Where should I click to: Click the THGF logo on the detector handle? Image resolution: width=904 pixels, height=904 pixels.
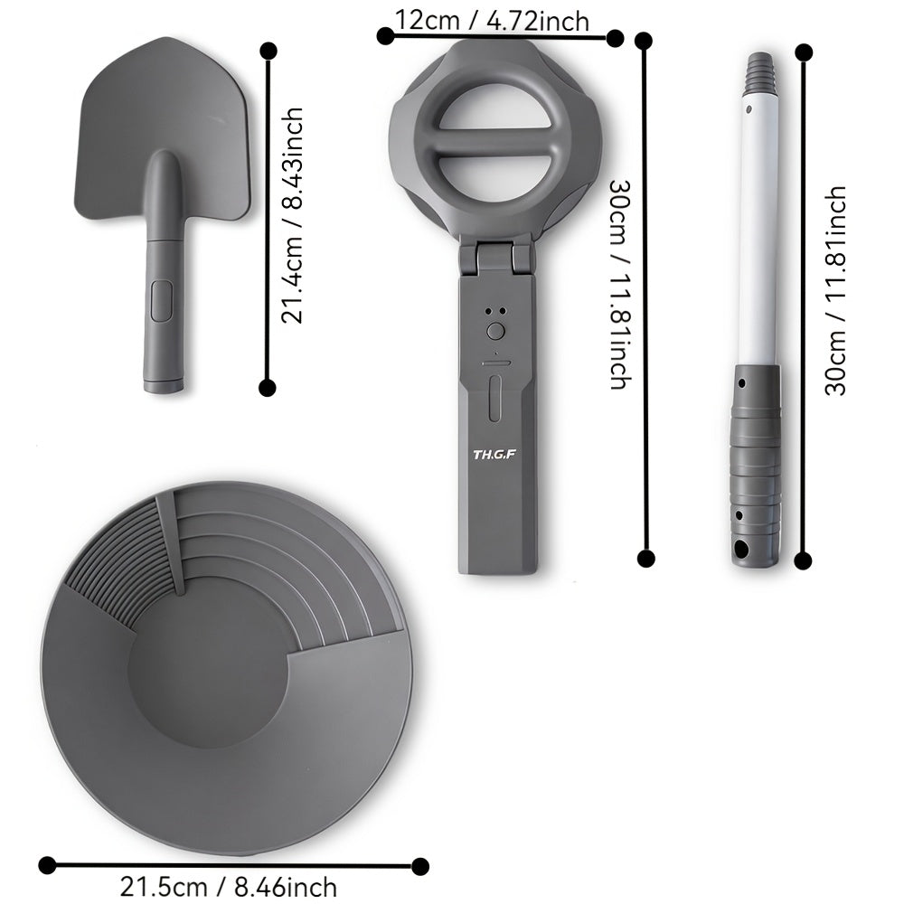click(x=494, y=455)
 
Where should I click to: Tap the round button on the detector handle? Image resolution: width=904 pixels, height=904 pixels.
click(x=495, y=331)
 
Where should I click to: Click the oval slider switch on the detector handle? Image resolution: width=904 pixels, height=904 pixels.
click(x=495, y=399)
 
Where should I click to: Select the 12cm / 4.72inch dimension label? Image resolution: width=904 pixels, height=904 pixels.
click(x=493, y=21)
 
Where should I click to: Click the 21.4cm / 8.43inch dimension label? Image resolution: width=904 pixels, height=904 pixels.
click(x=292, y=215)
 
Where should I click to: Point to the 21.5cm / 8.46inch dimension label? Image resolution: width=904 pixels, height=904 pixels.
click(x=229, y=887)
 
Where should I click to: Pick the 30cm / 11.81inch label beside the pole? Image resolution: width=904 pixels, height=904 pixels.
click(x=835, y=290)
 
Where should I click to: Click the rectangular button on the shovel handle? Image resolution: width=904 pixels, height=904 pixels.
click(x=162, y=300)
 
